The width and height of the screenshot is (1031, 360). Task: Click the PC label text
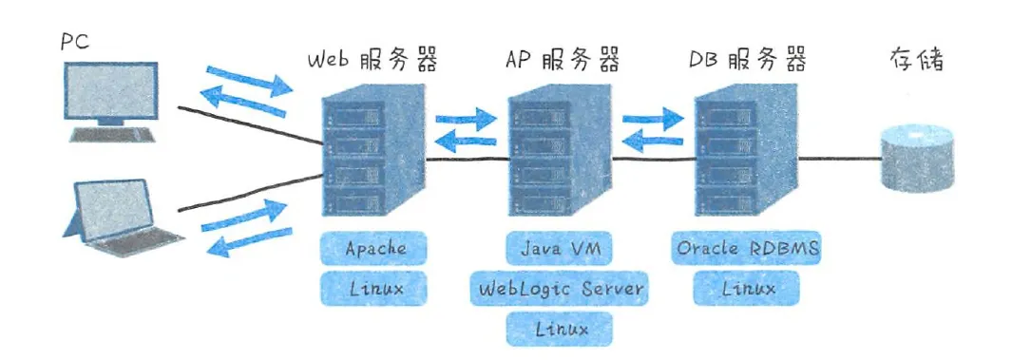click(x=75, y=42)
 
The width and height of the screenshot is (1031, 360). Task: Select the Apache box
click(x=375, y=249)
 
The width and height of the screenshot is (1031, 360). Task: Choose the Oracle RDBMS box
click(x=747, y=249)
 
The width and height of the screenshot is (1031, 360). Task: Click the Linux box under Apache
click(x=375, y=288)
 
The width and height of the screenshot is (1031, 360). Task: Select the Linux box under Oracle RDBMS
click(x=747, y=288)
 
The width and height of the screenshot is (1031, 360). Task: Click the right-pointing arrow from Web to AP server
click(x=467, y=121)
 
